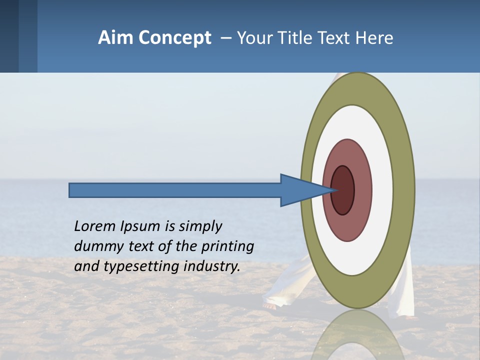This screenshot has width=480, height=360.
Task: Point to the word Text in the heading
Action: tap(334, 38)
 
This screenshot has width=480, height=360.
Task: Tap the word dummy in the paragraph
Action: tap(96, 246)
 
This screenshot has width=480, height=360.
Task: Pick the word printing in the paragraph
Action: tap(227, 247)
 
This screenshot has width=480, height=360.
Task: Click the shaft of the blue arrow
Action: tap(175, 190)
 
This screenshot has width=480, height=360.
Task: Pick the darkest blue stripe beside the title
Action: tap(9, 36)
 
